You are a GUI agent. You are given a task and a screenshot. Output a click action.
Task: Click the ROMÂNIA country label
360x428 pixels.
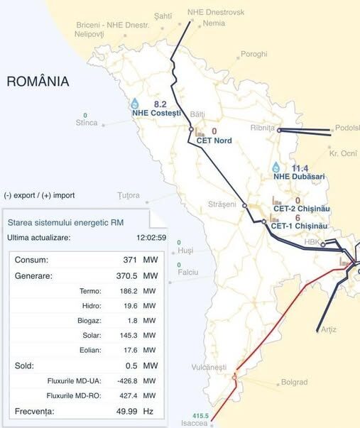click(38, 82)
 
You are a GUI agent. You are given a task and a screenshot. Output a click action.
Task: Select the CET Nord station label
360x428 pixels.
click(214, 141)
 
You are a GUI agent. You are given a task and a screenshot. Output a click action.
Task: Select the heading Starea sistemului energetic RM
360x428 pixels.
click(65, 223)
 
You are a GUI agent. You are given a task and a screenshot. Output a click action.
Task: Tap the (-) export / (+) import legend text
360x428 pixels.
click(39, 195)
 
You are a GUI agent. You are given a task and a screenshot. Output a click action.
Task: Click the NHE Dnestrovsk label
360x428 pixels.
click(216, 12)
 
